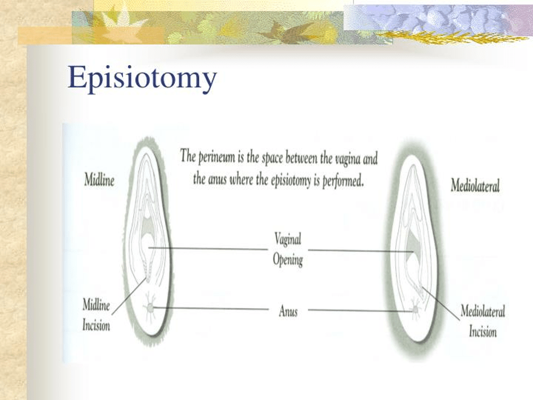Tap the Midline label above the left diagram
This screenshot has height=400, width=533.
99,180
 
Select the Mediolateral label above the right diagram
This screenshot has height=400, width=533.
475,186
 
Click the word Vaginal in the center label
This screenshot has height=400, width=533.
288,239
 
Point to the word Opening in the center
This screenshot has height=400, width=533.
288,260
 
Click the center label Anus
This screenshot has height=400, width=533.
288,311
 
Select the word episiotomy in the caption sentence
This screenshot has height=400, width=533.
291,180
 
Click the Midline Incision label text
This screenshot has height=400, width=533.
96,315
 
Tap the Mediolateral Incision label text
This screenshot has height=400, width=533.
483,321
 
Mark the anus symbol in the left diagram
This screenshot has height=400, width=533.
150,308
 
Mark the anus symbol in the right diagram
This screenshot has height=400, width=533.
415,310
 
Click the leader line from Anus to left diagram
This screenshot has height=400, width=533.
211,309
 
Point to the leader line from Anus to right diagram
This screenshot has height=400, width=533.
361,310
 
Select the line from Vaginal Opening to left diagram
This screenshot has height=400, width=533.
208,249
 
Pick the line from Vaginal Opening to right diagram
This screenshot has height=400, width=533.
361,251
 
